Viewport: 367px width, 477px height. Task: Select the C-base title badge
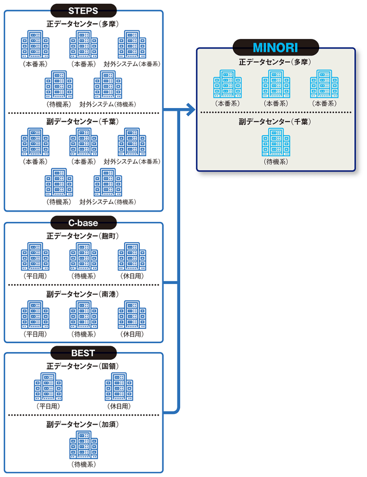click(83, 223)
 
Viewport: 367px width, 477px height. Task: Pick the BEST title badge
click(83, 353)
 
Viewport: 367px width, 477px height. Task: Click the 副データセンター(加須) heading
click(83, 425)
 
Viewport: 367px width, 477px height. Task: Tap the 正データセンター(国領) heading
click(83, 366)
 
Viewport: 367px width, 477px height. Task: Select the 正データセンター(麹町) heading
click(83, 236)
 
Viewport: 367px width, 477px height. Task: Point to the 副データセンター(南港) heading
click(83, 294)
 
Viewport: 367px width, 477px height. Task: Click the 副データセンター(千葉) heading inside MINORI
click(276, 122)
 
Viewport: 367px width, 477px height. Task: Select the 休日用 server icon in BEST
click(119, 387)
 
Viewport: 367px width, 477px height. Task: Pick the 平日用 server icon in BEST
click(48, 387)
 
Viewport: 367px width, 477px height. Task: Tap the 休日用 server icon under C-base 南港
click(132, 315)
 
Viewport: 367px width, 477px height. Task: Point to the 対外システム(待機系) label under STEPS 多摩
click(108, 104)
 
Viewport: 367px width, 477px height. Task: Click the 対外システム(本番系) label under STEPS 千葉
click(132, 162)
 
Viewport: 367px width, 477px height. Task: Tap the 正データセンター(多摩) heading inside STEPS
click(83, 23)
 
